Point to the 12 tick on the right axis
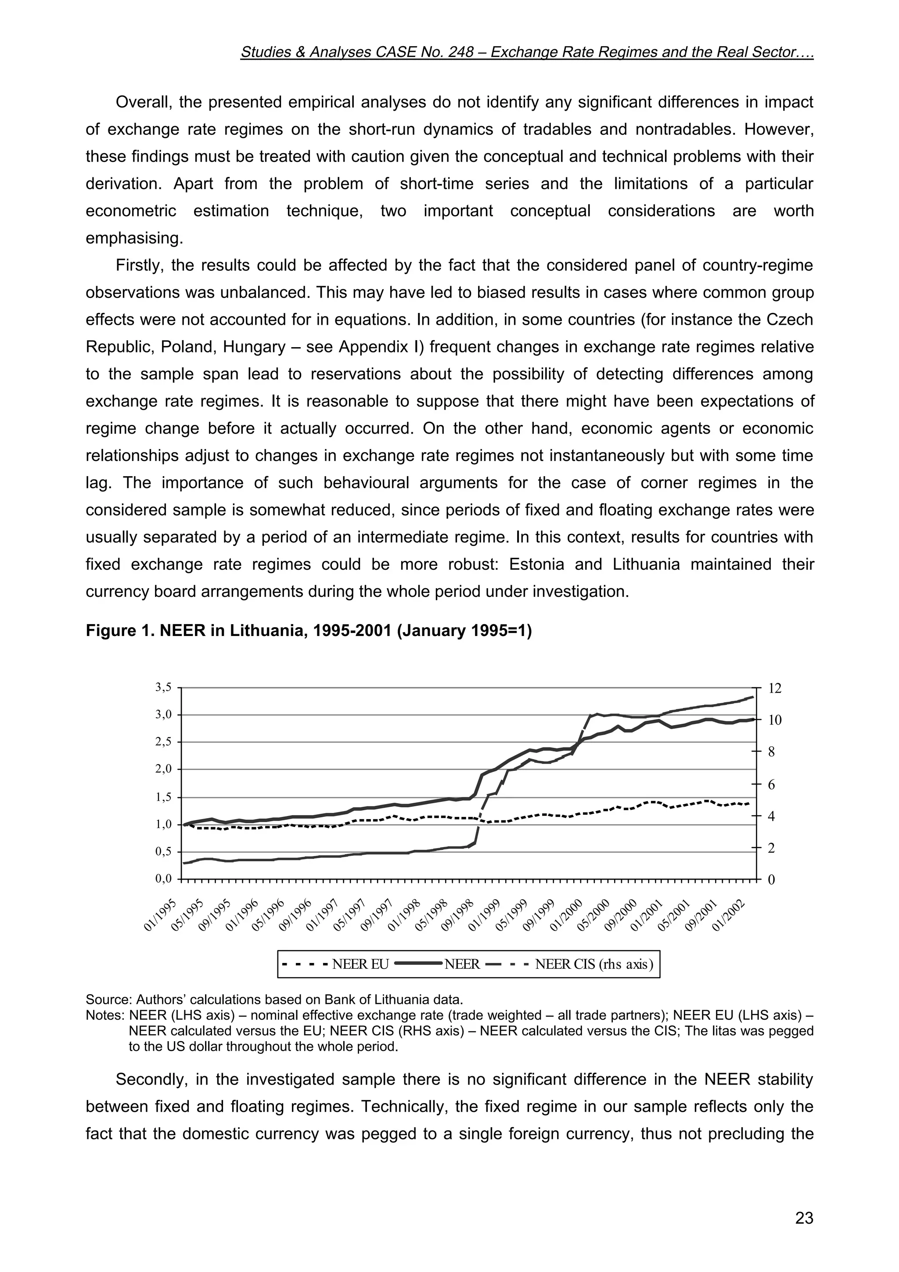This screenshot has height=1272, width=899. pos(775,688)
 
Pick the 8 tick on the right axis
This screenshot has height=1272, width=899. pos(771,752)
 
